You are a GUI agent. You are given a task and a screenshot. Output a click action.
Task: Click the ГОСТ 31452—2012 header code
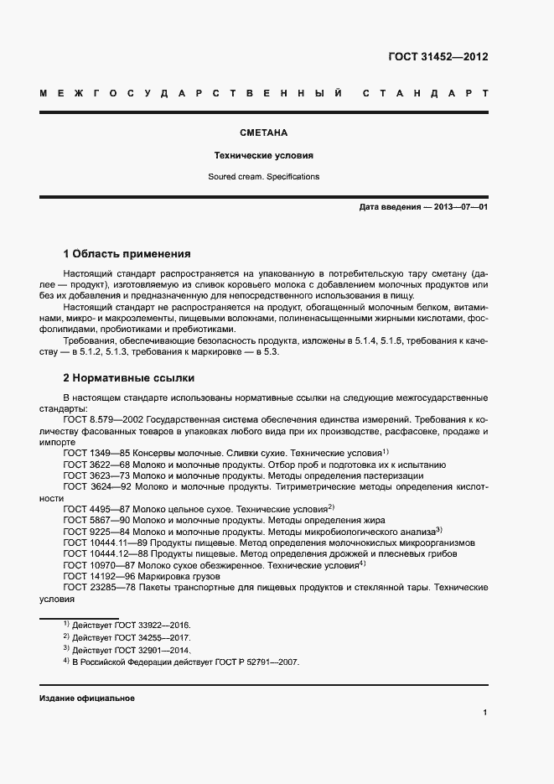pos(438,58)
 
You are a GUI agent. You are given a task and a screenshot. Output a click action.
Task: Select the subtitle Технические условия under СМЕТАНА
pos(264,156)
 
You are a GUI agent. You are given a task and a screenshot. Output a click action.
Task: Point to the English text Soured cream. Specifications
pos(264,177)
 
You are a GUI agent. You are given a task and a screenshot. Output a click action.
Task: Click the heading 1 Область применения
pos(127,253)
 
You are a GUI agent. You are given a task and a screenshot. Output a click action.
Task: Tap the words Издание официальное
pos(87,698)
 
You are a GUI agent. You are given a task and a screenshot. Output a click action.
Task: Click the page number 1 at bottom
pos(485,713)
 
